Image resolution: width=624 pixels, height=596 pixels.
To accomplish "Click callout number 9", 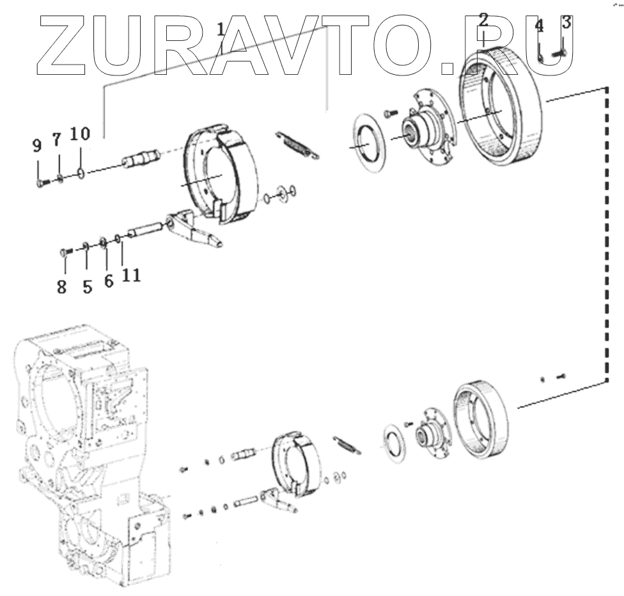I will (x=36, y=145).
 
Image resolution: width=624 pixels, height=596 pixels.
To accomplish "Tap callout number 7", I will (x=56, y=139).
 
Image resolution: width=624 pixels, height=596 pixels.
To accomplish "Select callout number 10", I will (x=81, y=134).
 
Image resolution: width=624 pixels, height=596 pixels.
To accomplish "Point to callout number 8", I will (x=61, y=287).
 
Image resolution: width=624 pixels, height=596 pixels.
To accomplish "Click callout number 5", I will (x=87, y=286).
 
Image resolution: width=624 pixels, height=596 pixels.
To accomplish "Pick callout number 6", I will (x=109, y=281).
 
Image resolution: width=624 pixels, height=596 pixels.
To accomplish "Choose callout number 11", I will (x=132, y=275).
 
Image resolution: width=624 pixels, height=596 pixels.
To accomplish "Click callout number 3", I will (x=566, y=24).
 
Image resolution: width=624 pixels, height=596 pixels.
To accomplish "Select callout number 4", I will (x=539, y=27).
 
